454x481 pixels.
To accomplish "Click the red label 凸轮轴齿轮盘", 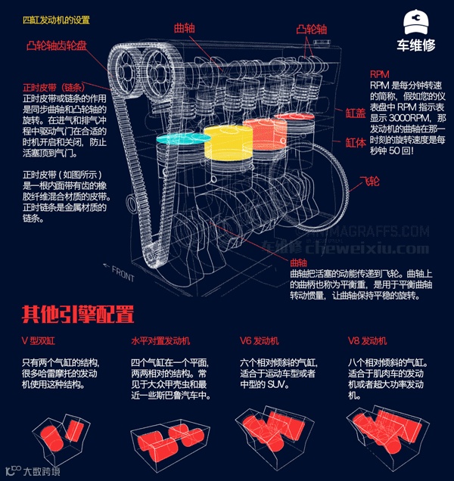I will coord(57,45).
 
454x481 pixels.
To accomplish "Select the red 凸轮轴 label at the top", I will coord(311,29).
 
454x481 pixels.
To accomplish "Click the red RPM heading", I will coord(379,75).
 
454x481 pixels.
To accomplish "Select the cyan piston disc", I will coord(182,139).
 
